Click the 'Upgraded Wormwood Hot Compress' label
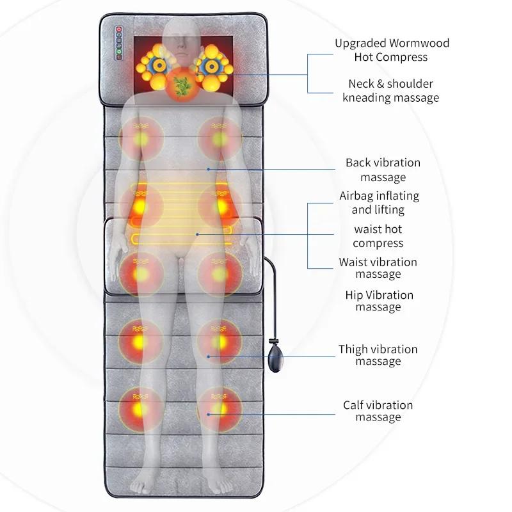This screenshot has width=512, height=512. point(392,50)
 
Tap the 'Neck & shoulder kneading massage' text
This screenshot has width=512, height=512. point(390,90)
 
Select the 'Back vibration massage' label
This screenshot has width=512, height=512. point(383,170)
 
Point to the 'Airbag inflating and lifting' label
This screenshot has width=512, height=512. point(379,202)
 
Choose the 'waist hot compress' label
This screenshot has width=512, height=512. point(378,236)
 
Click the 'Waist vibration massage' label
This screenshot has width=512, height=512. point(378,268)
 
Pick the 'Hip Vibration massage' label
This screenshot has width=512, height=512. point(379,301)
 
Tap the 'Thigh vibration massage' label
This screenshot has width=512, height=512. point(378,355)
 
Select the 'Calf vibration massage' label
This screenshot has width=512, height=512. point(378,411)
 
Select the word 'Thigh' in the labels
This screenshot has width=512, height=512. point(354,349)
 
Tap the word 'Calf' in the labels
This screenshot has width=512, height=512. point(354,405)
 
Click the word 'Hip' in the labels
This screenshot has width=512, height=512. point(354,295)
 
